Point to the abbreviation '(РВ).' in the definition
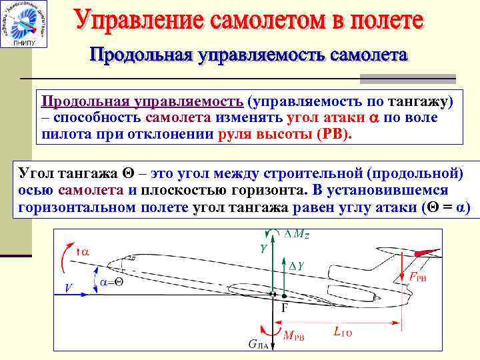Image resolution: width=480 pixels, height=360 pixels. (x=333, y=133)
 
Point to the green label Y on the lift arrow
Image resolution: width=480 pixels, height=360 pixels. (x=263, y=249)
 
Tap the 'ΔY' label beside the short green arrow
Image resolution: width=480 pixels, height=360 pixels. (x=297, y=266)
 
